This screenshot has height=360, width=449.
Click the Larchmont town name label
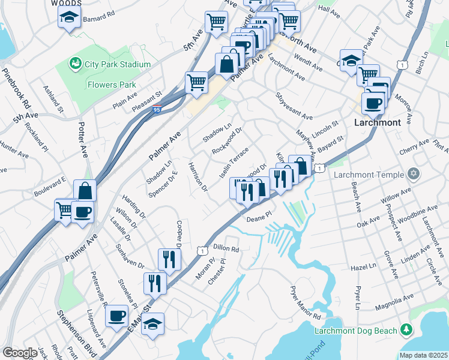(377, 122)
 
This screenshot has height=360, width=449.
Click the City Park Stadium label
(109, 64)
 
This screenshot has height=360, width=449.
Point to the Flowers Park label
(112, 85)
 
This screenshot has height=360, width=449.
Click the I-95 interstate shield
(155, 110)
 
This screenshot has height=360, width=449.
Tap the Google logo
(20, 353)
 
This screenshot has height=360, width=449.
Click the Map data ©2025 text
(424, 355)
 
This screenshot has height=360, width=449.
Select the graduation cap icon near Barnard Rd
(70, 17)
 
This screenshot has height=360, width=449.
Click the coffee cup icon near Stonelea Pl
(116, 316)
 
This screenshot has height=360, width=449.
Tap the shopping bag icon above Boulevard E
(85, 191)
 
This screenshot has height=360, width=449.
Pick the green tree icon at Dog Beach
(406, 329)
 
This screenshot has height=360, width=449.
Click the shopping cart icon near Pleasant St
(196, 83)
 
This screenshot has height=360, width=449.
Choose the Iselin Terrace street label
(234, 163)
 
